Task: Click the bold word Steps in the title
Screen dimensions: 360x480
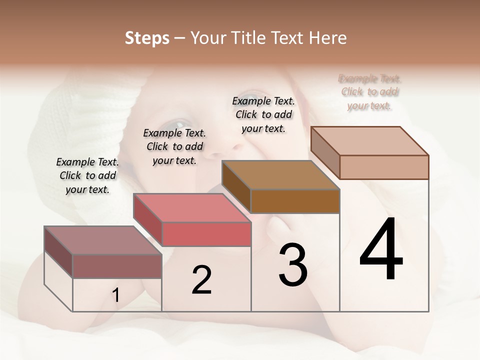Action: [x=147, y=38]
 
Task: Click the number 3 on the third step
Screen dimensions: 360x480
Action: [x=293, y=264]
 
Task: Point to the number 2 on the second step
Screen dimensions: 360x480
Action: [x=201, y=280]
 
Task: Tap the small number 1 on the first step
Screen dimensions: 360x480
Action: [x=116, y=295]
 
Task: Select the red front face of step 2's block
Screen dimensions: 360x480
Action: [x=206, y=234]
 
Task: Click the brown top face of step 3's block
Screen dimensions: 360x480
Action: [x=280, y=175]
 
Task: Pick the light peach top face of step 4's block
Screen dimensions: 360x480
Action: [x=369, y=140]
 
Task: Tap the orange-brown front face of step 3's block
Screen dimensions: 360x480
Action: [x=295, y=201]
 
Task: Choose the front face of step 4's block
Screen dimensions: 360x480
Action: [x=384, y=167]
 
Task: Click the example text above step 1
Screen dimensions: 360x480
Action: [x=87, y=175]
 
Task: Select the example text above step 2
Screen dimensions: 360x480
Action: [x=174, y=146]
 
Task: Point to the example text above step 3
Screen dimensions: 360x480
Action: [x=263, y=114]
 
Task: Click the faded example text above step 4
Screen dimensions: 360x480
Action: [x=369, y=92]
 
